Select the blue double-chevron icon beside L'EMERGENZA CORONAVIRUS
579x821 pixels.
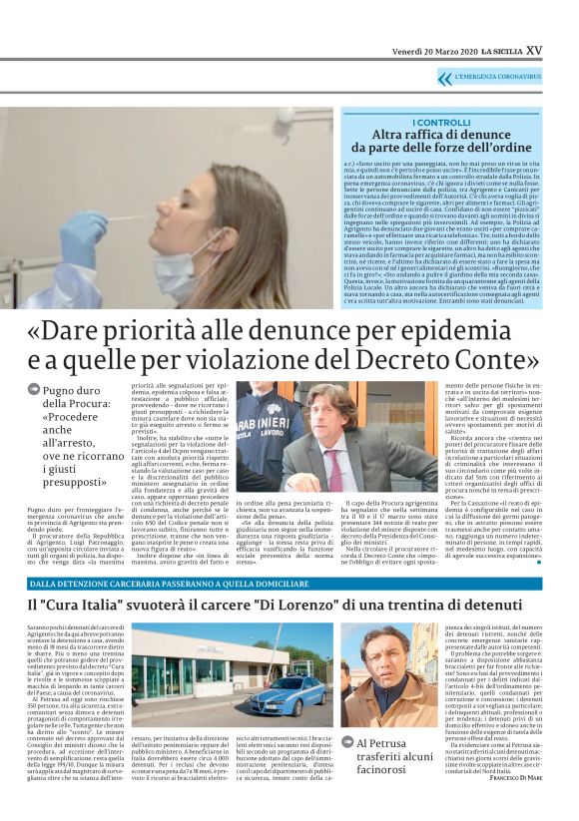[444, 77]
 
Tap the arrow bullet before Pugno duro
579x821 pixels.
[35, 390]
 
